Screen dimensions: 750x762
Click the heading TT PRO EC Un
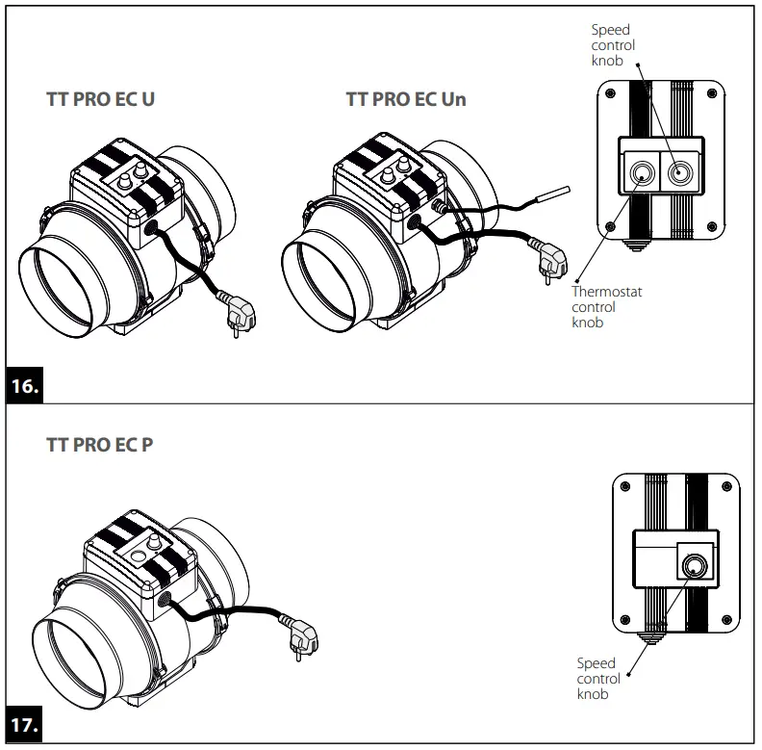pyautogui.click(x=405, y=99)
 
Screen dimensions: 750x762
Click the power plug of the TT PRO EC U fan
pyautogui.click(x=239, y=316)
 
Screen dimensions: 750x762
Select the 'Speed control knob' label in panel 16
pyautogui.click(x=613, y=45)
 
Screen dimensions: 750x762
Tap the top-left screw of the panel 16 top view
pyautogui.click(x=609, y=94)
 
